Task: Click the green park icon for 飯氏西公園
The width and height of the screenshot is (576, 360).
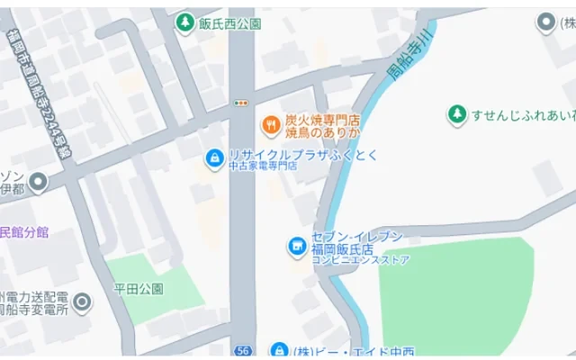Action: click(x=184, y=22)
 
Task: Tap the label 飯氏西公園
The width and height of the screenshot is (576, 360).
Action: click(x=229, y=23)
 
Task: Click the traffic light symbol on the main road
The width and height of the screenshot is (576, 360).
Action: click(x=240, y=103)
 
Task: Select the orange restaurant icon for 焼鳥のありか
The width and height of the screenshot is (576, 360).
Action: click(x=267, y=123)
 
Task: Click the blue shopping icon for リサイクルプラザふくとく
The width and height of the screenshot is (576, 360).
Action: click(x=214, y=159)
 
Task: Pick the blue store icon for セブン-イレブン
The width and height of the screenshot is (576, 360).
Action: click(x=294, y=245)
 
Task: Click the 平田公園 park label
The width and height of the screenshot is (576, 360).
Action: click(x=138, y=289)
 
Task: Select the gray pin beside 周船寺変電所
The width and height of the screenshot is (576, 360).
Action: click(x=82, y=301)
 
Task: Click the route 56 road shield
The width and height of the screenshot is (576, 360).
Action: click(x=241, y=350)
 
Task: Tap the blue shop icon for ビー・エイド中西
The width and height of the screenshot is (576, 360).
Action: click(x=279, y=350)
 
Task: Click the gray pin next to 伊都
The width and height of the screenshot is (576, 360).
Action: click(x=38, y=183)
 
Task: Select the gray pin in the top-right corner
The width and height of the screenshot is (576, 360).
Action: click(x=545, y=23)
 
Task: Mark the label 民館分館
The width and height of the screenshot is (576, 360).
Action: click(x=24, y=232)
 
